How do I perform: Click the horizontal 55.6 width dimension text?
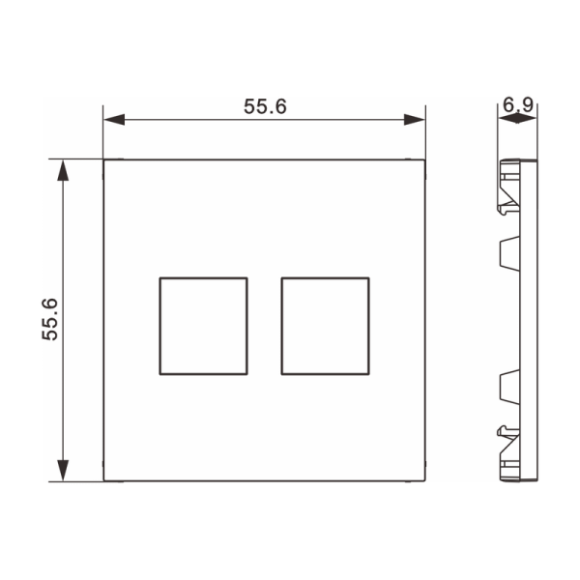pyautogui.click(x=264, y=107)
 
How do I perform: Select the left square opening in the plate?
pyautogui.click(x=203, y=325)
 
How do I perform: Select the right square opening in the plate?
pyautogui.click(x=324, y=325)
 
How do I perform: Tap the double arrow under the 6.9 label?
pyautogui.click(x=517, y=119)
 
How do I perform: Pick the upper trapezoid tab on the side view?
pyautogui.click(x=507, y=253)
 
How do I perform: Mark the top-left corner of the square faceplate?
pyautogui.click(x=104, y=160)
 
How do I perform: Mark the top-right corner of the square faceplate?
pyautogui.click(x=424, y=160)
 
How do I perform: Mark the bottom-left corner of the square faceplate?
pyautogui.click(x=104, y=480)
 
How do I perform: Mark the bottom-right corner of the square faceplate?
pyautogui.click(x=424, y=480)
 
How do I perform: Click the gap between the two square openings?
pyautogui.click(x=264, y=325)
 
